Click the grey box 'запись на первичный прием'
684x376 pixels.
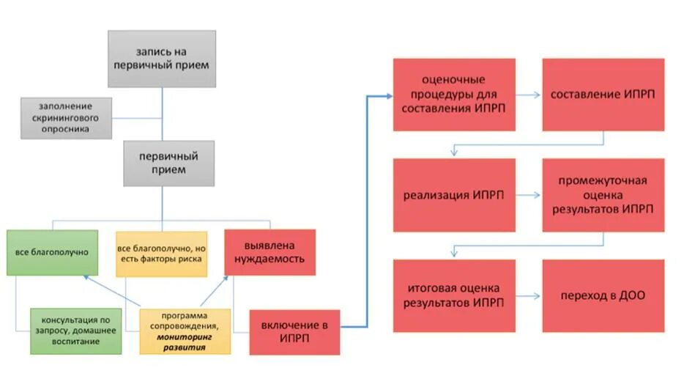coord(162,59)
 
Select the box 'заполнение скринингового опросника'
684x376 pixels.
coord(67,117)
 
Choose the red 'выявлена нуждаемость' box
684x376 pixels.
coord(269,252)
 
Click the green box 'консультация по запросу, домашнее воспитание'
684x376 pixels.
coord(76,331)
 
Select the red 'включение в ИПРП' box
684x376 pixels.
coord(295,331)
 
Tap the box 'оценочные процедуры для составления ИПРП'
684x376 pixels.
coord(453,95)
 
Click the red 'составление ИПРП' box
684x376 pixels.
coord(603,95)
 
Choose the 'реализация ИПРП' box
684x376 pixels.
coord(453,194)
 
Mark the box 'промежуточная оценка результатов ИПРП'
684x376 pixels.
coord(603,194)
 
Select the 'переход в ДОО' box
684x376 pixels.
coord(603,295)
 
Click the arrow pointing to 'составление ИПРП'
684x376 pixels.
coord(528,95)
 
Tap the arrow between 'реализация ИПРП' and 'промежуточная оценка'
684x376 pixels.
coord(528,195)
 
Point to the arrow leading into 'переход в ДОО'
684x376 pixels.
coord(528,295)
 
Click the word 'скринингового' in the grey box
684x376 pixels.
coord(67,117)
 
